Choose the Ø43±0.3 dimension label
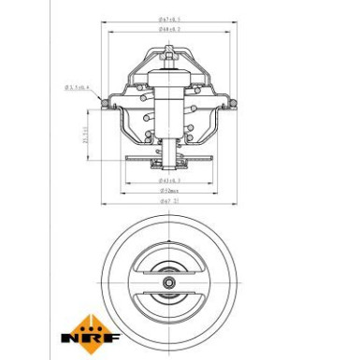pyautogui.click(x=168, y=179)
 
